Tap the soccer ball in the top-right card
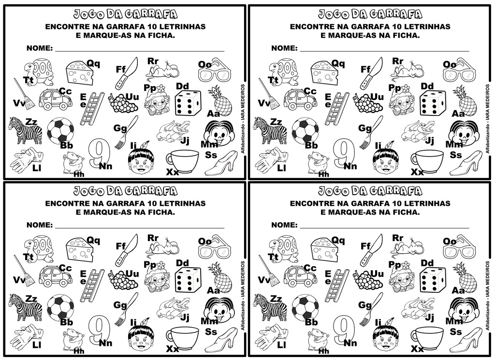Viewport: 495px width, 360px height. [x=305, y=130]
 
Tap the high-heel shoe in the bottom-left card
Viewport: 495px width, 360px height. [x=221, y=340]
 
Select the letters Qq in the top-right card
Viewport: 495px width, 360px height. [x=338, y=63]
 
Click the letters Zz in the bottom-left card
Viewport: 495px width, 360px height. [x=31, y=298]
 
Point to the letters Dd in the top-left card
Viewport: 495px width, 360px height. [x=182, y=86]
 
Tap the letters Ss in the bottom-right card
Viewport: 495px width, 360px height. [x=456, y=331]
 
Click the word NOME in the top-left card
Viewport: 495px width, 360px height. [x=40, y=48]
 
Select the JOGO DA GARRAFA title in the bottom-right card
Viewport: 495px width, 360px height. [x=370, y=190]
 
